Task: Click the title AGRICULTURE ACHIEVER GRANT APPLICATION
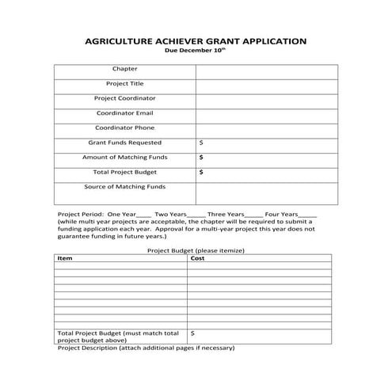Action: pos(196,40)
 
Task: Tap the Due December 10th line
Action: pos(196,50)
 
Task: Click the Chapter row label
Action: pos(125,69)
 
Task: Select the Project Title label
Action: pos(125,83)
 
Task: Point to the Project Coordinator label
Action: pos(125,98)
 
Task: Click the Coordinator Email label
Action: pos(125,113)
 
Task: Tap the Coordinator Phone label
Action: pos(125,127)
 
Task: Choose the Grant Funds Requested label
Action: pos(125,143)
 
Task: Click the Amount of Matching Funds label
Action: pos(125,157)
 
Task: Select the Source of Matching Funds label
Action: pos(125,187)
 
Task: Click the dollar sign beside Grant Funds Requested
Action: pos(201,143)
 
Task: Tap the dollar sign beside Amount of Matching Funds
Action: pos(201,157)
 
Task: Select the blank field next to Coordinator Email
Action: pos(266,113)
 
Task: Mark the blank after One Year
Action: pos(143,215)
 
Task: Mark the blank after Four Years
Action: pos(308,215)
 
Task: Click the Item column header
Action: pos(66,258)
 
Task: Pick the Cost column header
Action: pos(198,258)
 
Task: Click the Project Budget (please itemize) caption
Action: pos(196,250)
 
